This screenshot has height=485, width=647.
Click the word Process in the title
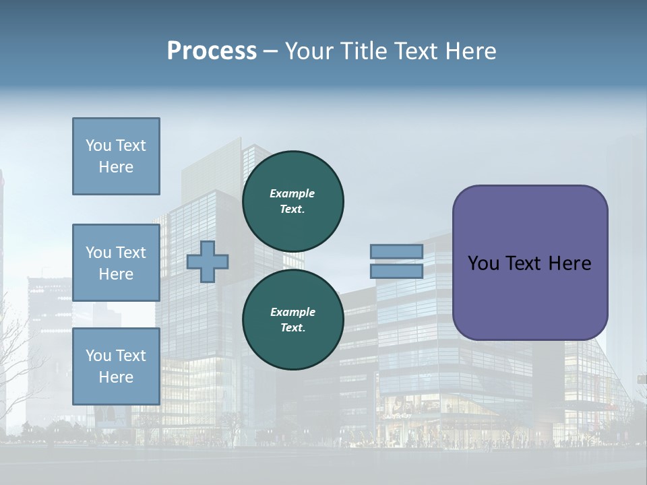tap(212, 51)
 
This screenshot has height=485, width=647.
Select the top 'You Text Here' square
tap(116, 156)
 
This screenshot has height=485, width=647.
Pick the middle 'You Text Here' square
tap(116, 263)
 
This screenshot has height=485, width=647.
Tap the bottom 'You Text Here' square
tap(116, 366)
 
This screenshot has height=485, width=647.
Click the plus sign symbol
tap(208, 261)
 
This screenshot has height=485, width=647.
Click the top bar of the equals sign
tap(396, 251)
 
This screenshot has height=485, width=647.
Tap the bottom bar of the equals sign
tap(396, 271)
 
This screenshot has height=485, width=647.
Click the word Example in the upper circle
tap(292, 193)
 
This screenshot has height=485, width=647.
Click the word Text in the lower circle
tap(292, 328)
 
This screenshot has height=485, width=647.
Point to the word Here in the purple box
tap(569, 263)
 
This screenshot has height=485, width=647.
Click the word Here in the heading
tap(469, 51)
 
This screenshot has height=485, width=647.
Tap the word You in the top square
tap(98, 145)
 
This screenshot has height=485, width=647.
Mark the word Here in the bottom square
tap(116, 377)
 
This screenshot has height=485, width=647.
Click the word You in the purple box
tap(483, 263)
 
